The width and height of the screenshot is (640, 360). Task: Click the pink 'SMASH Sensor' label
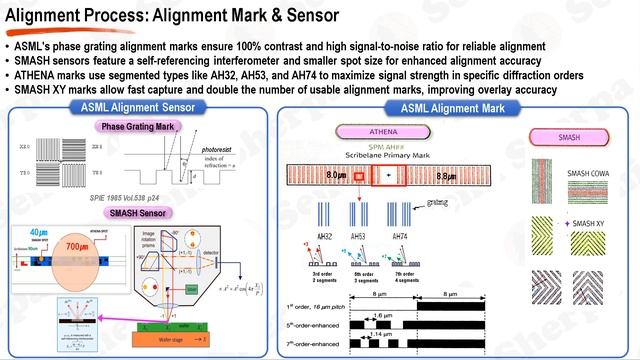(137, 213)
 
